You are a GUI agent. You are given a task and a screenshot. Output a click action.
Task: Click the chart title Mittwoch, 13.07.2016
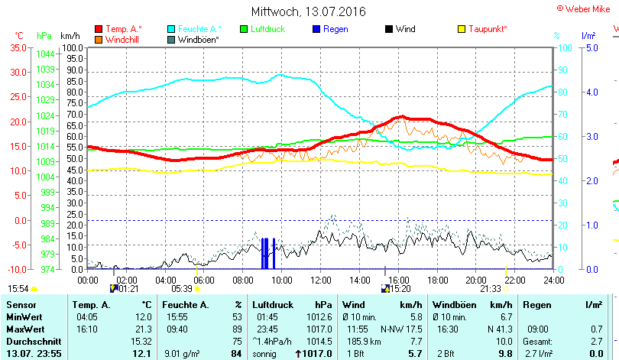[x=309, y=11]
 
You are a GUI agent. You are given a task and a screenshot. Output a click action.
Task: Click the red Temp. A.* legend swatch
[x=99, y=29]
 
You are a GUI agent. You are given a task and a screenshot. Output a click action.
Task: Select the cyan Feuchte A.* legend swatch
[x=171, y=29]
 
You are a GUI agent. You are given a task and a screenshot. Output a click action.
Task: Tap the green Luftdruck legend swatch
[x=244, y=29]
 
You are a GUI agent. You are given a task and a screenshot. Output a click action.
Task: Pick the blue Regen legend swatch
[x=316, y=29]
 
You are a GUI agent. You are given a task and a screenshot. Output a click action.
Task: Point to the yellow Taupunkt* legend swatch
[x=462, y=29]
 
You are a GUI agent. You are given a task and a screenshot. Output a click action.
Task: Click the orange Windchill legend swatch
[x=99, y=39]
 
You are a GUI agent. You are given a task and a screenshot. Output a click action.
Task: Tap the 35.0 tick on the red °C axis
[x=17, y=47]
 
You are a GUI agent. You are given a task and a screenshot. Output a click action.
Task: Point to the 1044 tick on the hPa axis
[x=45, y=54]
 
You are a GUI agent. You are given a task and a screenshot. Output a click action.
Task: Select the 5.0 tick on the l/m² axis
[x=591, y=47]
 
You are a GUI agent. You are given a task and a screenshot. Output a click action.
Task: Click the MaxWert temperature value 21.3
[x=143, y=329]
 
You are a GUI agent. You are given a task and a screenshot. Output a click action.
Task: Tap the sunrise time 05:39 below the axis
[x=182, y=289]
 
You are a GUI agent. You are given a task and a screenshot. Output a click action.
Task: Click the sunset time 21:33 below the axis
[x=490, y=289]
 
